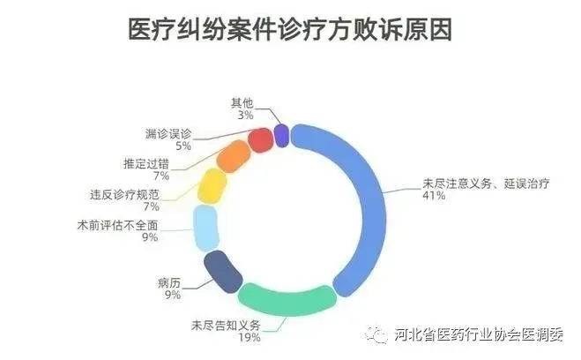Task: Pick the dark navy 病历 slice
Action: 220,271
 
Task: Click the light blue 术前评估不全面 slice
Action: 205,228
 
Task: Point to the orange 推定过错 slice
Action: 234,156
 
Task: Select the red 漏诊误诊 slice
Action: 260,139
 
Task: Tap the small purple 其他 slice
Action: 281,134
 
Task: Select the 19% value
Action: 249,338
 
